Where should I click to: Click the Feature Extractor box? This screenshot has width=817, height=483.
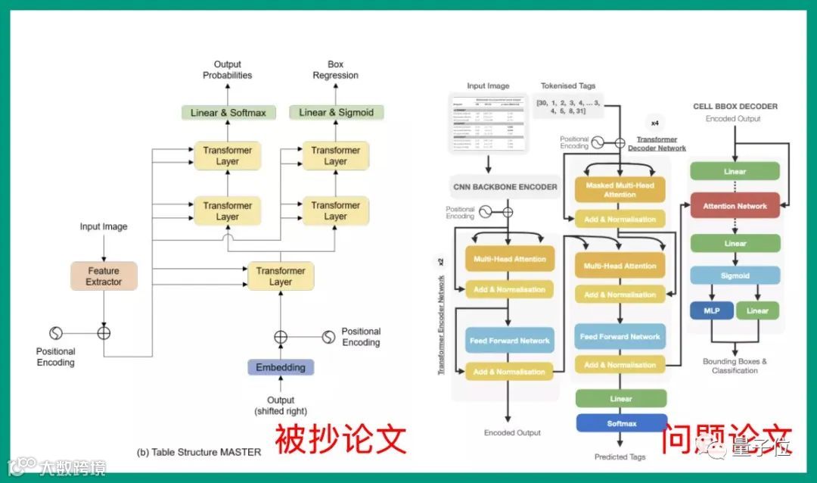(x=104, y=276)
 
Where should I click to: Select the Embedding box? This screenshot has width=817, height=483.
(x=281, y=368)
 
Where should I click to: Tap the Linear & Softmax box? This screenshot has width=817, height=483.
(x=228, y=113)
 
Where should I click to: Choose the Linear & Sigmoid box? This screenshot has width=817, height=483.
(x=336, y=113)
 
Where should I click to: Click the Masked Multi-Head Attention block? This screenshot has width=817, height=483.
(x=620, y=190)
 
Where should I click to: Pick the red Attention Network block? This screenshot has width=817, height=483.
(x=735, y=206)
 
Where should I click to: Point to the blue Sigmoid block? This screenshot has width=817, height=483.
(x=735, y=276)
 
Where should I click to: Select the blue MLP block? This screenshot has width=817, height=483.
(x=711, y=310)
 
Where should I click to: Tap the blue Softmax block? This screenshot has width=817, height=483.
(x=621, y=423)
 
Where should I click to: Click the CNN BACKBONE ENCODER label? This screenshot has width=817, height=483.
(x=505, y=187)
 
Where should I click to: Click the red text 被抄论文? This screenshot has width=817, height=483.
(x=340, y=439)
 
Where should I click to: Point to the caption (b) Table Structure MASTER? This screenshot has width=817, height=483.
(x=199, y=452)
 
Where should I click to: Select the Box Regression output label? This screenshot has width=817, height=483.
(x=335, y=70)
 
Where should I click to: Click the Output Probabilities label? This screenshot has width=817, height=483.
(x=227, y=70)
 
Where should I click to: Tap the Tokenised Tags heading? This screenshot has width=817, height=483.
(x=569, y=86)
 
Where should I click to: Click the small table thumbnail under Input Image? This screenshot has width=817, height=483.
(x=488, y=122)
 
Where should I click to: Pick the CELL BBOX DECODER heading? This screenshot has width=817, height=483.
(x=735, y=107)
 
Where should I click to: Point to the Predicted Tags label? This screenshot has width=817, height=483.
(x=621, y=457)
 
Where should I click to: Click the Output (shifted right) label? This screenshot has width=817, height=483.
(x=281, y=406)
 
